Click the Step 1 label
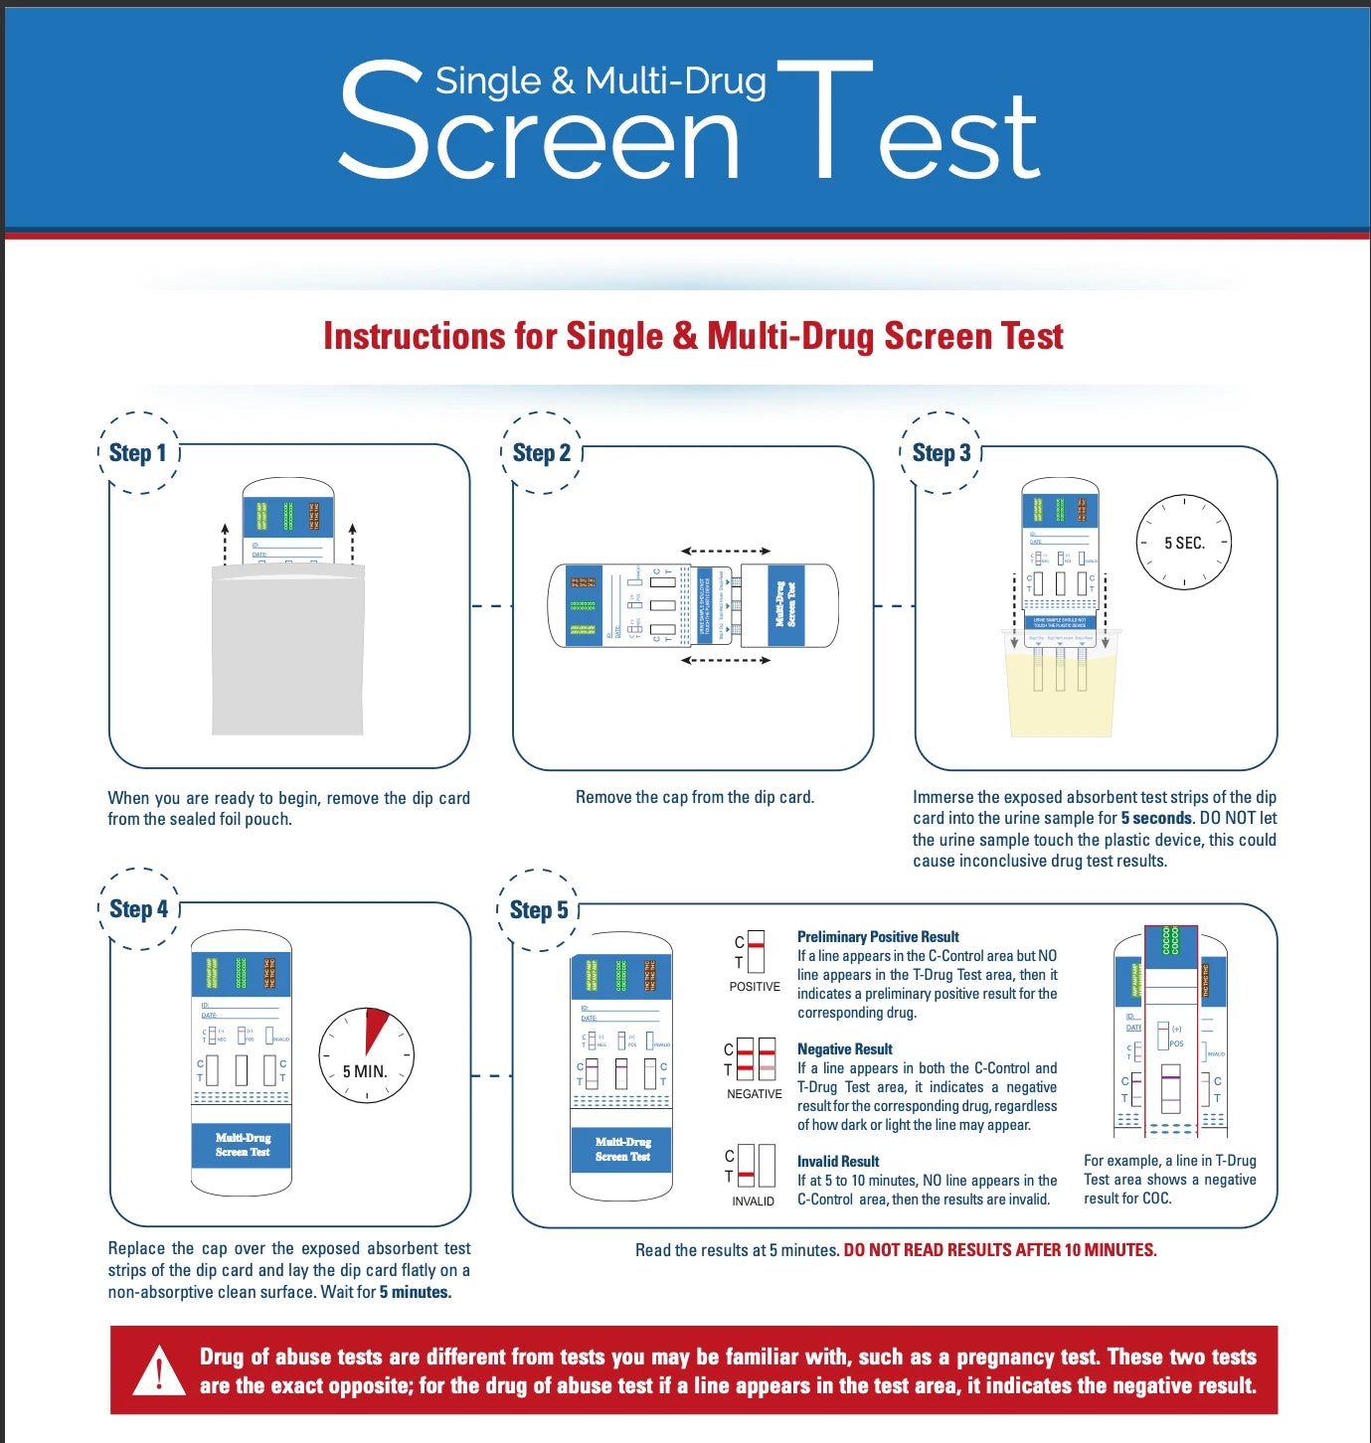[138, 453]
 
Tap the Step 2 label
[541, 453]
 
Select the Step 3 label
[941, 453]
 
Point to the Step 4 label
[138, 909]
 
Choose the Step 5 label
[538, 910]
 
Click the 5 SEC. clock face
[1183, 543]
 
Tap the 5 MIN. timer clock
[366, 1056]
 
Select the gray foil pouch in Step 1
[287, 651]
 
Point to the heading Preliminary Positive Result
[878, 936]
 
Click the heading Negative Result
[844, 1048]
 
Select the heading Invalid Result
[838, 1161]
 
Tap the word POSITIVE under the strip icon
[755, 987]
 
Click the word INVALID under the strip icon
[753, 1202]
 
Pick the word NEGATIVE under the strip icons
[754, 1094]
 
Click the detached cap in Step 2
[788, 605]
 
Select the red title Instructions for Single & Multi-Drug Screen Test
[693, 336]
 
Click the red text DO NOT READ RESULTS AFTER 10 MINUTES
[999, 1250]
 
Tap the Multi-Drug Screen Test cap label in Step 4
[243, 1145]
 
